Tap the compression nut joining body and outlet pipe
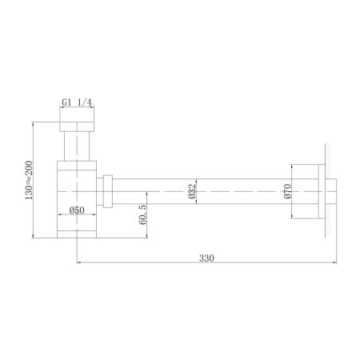tap(107, 192)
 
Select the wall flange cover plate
tap(319, 192)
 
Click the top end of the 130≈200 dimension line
tap(32, 121)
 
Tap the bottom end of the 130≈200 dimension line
tap(32, 238)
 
